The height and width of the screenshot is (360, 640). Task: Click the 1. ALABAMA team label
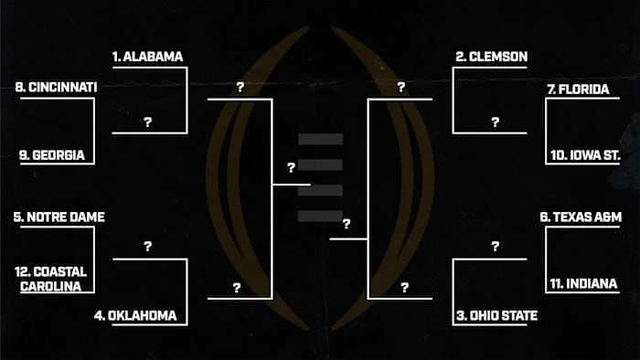pos(147,57)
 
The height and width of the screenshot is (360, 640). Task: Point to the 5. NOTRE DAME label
pos(59,217)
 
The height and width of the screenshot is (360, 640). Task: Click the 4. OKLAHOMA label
pos(135,316)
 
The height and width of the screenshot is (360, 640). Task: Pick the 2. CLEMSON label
pos(491,57)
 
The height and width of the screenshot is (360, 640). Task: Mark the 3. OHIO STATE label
pos(496,316)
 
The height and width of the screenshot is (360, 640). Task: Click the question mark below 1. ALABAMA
pos(147,122)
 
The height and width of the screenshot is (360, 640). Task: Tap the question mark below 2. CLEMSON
pos(495,122)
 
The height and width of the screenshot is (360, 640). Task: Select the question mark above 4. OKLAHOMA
pos(147,247)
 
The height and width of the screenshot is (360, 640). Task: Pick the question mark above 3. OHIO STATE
pos(495,247)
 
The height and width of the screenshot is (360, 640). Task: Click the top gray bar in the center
pos(320,140)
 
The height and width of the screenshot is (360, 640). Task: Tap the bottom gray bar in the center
pos(320,216)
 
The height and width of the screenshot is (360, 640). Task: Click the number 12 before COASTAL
pos(22,271)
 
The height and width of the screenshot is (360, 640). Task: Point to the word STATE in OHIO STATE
pos(517,316)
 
